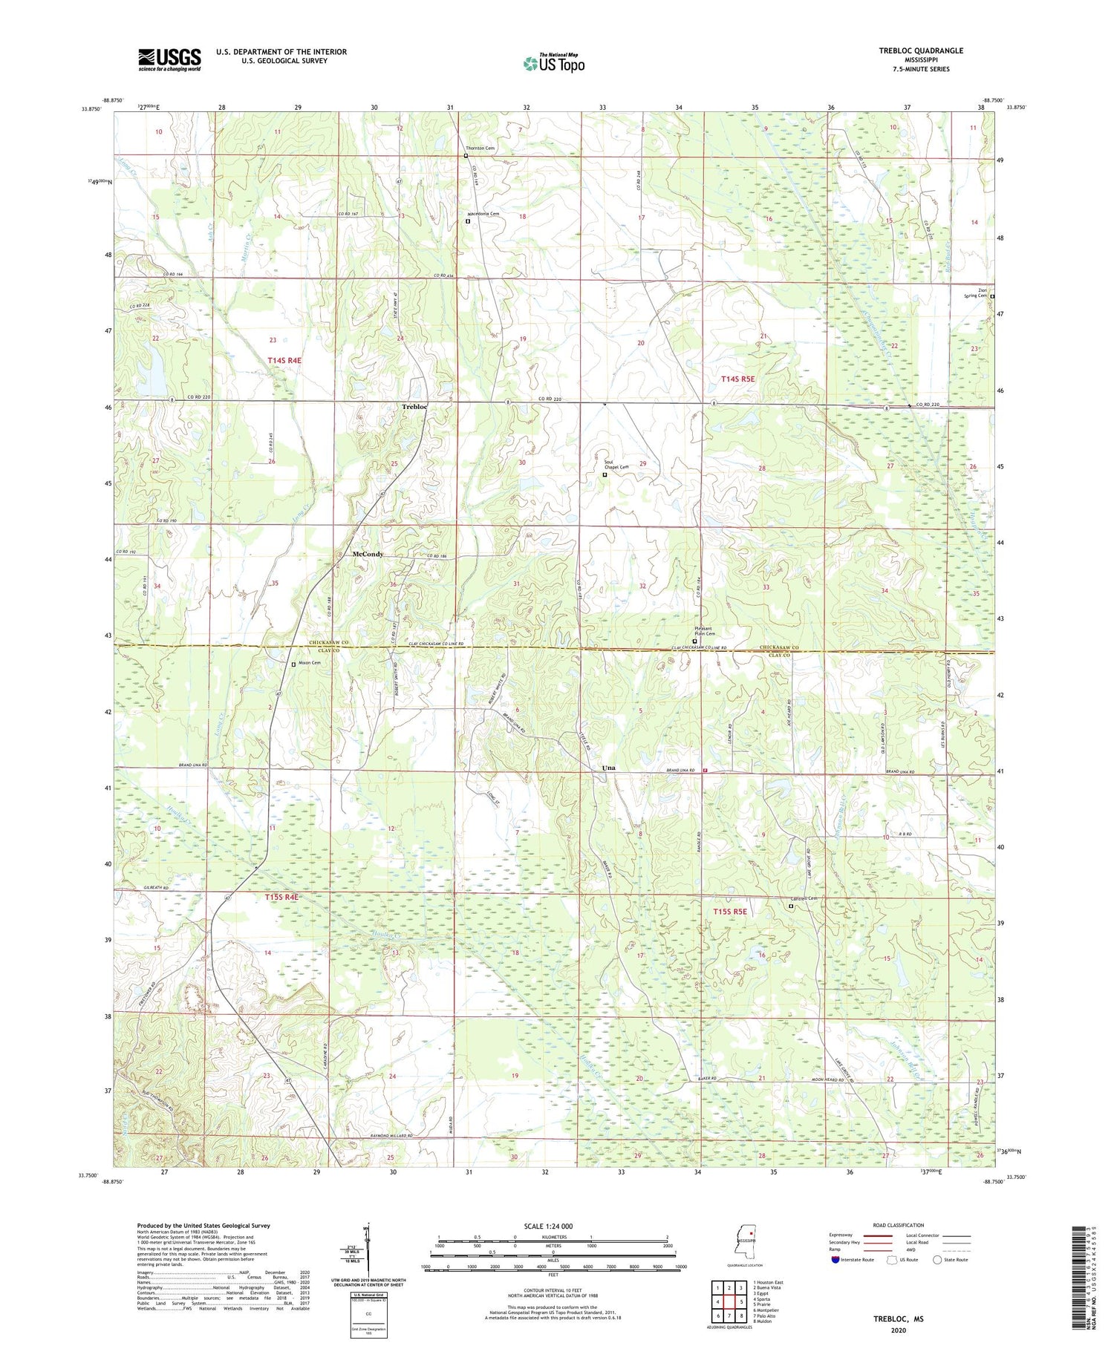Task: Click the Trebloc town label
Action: tap(414, 408)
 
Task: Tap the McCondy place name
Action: tap(368, 555)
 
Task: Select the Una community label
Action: tap(608, 768)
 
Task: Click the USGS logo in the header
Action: tap(169, 59)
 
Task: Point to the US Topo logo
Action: tap(553, 63)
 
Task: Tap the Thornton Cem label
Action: tap(480, 148)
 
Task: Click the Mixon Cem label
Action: tap(309, 663)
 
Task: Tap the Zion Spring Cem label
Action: tap(976, 293)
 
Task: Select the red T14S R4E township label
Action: tap(284, 360)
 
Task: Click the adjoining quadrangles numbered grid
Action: tap(729, 1296)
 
